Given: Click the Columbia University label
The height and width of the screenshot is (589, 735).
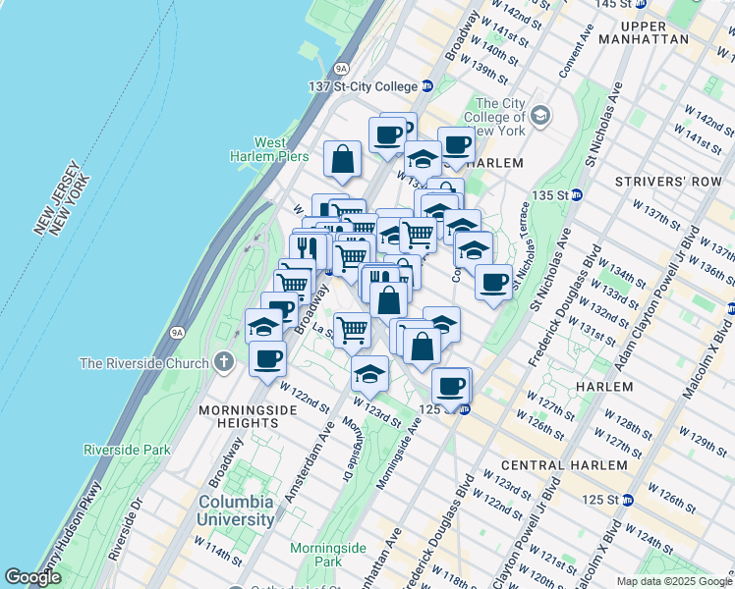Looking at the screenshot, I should [x=236, y=509].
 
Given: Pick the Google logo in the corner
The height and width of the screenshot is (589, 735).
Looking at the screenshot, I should [x=32, y=577].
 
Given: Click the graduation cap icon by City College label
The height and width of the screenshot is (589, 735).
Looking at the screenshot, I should [x=538, y=117].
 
